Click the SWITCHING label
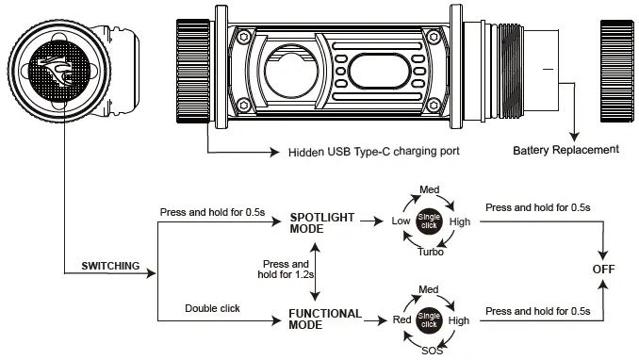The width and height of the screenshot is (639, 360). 110,267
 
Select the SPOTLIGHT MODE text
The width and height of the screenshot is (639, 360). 322,221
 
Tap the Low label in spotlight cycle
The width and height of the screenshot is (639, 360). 400,221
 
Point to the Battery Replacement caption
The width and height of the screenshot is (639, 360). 565,149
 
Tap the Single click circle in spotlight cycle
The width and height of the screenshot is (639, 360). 429,220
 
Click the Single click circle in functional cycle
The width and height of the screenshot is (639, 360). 429,319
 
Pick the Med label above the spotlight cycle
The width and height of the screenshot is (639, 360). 429,190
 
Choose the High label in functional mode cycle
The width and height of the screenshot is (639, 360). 459,320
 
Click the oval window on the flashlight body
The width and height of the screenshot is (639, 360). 382,70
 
